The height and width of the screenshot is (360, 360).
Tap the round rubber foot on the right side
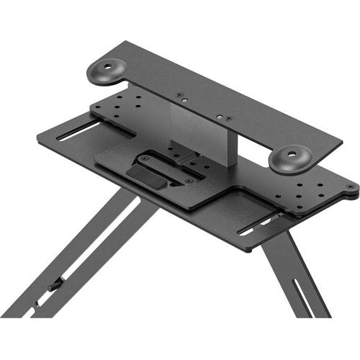[x=291, y=157]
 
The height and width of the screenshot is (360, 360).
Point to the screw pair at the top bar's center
[x=219, y=114]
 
